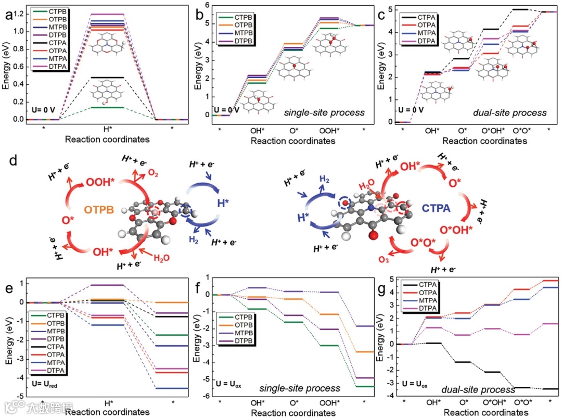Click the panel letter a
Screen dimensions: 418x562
9,15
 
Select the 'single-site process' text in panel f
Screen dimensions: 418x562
306,388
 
